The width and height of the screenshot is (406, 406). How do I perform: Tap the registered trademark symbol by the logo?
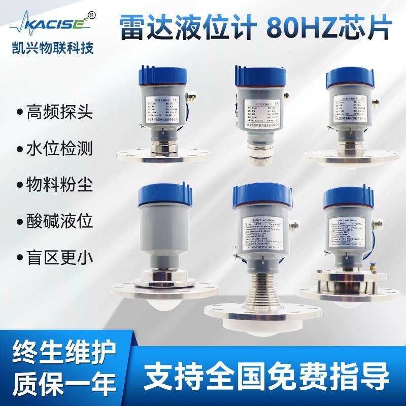point(91,15)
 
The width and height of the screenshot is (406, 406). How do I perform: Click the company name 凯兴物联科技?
point(53,46)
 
